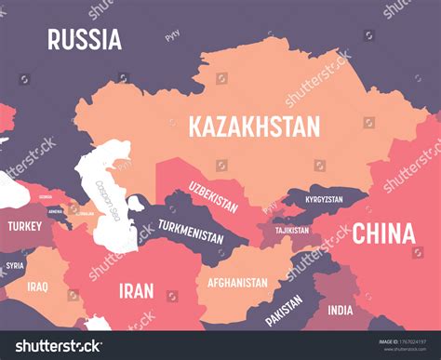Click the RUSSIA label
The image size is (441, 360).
85,39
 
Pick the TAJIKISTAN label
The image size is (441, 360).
292,230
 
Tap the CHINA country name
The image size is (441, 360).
383,233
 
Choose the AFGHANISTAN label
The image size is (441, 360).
238,280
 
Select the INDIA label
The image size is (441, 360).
341,310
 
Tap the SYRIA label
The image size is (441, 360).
15,265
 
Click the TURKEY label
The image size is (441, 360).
24,226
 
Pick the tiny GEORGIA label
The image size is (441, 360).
46,196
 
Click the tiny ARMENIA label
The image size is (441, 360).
55,212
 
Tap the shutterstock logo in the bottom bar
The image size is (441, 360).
53,346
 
